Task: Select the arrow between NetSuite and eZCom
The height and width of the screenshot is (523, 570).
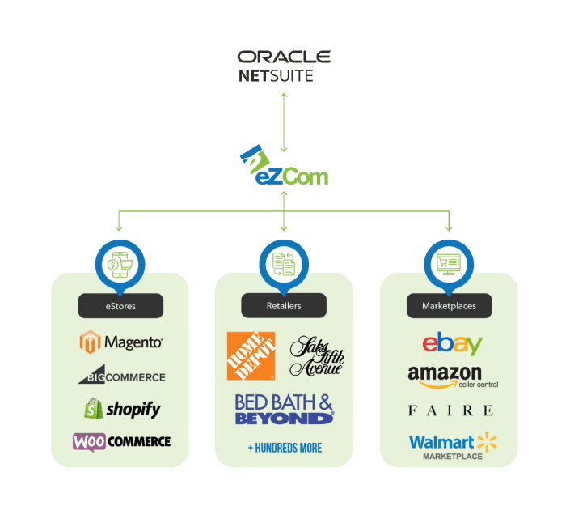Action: [284, 122]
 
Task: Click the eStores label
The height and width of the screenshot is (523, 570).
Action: [120, 306]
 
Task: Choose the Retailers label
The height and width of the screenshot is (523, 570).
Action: [284, 306]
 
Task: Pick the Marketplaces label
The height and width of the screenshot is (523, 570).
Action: [449, 306]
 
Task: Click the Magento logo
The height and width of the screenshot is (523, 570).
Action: [120, 342]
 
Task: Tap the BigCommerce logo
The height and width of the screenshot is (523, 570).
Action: [121, 376]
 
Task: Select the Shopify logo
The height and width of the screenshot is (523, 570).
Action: [121, 409]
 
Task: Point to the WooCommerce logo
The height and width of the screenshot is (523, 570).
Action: [121, 441]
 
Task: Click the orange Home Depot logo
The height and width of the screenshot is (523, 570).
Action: [251, 355]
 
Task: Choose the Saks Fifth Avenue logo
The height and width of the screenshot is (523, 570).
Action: [316, 355]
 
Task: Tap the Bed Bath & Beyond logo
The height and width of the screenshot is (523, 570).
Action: [284, 409]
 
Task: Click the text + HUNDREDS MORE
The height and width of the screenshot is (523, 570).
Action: [285, 448]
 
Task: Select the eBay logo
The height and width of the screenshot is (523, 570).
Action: [452, 343]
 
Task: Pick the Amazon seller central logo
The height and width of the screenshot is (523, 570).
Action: [452, 376]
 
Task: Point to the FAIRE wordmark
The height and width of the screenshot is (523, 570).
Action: [450, 410]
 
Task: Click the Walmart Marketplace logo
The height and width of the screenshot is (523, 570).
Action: [452, 444]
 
